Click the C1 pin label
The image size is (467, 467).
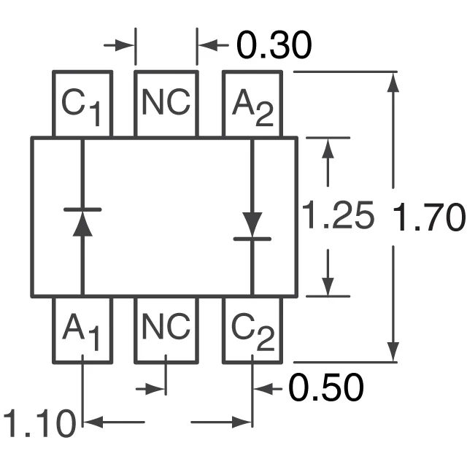(81, 107)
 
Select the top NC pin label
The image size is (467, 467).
(166, 104)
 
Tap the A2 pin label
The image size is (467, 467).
(252, 107)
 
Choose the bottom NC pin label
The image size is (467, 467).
(166, 328)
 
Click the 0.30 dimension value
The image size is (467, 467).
(274, 46)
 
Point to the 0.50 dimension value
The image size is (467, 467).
(325, 388)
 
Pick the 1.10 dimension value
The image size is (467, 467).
(40, 424)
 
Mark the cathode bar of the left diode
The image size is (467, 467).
(82, 209)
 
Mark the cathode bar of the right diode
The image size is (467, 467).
(252, 238)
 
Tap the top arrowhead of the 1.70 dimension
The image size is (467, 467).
(394, 82)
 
